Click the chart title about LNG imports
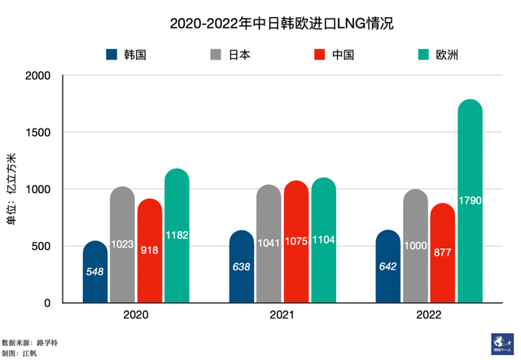(281, 24)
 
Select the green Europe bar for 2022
(470, 204)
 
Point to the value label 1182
(176, 235)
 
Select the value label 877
(443, 252)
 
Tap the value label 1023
(122, 243)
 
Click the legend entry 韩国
(134, 55)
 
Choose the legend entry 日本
(239, 55)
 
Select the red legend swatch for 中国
(319, 55)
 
